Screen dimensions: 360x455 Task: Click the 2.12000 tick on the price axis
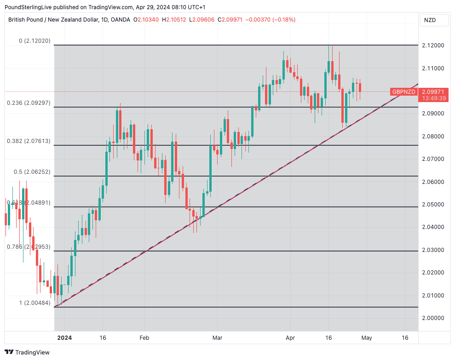pyautogui.click(x=433, y=46)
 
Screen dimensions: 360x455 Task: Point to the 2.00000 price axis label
pyautogui.click(x=433, y=318)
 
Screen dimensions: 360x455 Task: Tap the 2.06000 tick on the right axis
pyautogui.click(x=433, y=182)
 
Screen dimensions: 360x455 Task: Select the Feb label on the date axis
pyautogui.click(x=144, y=338)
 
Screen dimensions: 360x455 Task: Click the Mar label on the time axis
pyautogui.click(x=217, y=338)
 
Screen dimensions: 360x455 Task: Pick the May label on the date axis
pyautogui.click(x=366, y=338)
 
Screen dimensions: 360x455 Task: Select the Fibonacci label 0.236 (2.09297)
pyautogui.click(x=29, y=103)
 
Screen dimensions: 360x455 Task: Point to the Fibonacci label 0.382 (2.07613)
pyautogui.click(x=29, y=141)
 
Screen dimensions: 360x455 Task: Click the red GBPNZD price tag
pyautogui.click(x=403, y=92)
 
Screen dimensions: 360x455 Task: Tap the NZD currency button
pyautogui.click(x=430, y=20)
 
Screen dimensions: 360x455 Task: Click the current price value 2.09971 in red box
pyautogui.click(x=433, y=91)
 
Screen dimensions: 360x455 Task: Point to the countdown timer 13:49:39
pyautogui.click(x=433, y=98)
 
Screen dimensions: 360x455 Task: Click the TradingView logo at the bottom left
pyautogui.click(x=27, y=352)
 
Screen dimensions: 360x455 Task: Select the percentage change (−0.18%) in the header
pyautogui.click(x=284, y=20)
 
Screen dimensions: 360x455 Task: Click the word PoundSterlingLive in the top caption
pyautogui.click(x=29, y=7)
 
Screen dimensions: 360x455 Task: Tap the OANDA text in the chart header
pyautogui.click(x=121, y=20)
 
